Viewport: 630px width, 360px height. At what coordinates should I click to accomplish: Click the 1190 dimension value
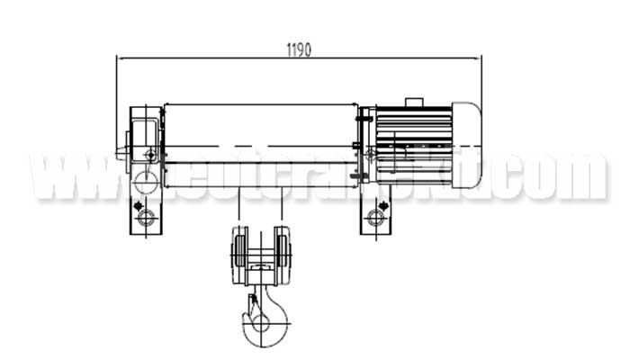click(298, 49)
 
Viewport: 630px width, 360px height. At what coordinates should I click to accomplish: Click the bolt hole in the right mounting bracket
click(376, 217)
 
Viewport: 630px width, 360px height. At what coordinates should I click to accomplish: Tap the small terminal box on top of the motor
click(413, 102)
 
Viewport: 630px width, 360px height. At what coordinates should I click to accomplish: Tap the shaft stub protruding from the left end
click(122, 155)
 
